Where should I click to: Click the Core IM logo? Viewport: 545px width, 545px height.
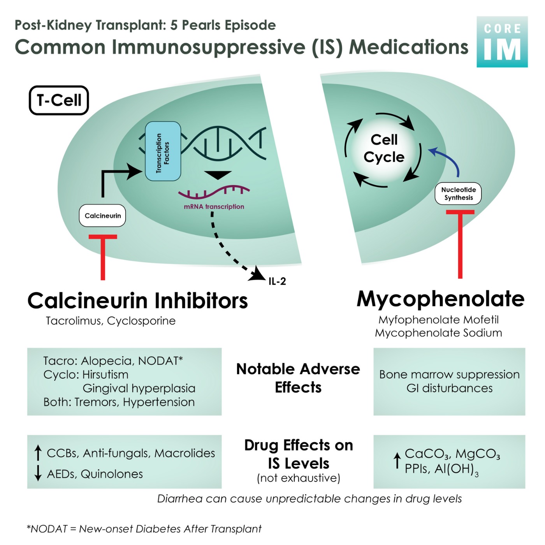(x=502, y=42)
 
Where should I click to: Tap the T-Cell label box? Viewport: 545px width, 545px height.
(x=59, y=100)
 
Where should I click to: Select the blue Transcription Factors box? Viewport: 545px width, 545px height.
(x=163, y=151)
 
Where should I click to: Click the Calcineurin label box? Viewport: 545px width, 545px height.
(x=102, y=216)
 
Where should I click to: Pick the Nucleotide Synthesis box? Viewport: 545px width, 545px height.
(x=458, y=193)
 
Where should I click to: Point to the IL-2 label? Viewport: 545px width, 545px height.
(x=277, y=281)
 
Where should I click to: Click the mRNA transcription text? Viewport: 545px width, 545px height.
(x=214, y=207)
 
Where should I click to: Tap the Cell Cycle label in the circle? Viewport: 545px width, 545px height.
(x=384, y=148)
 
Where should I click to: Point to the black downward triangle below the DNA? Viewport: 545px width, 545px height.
(x=218, y=175)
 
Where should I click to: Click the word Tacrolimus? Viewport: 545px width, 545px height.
(x=73, y=321)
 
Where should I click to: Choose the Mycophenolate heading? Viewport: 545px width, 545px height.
(x=441, y=299)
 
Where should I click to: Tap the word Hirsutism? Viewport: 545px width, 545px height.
(x=105, y=374)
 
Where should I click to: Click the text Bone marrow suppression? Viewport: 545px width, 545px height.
(x=449, y=374)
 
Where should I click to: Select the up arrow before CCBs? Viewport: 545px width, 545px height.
(x=38, y=453)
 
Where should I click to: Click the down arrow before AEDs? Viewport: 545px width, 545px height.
(x=38, y=473)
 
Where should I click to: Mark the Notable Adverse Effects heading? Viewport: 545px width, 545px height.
(x=298, y=378)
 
